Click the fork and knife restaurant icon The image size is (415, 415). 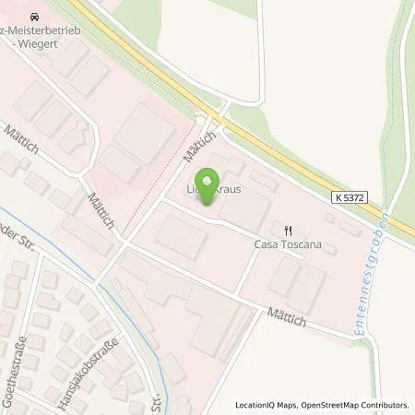pyautogui.click(x=288, y=231)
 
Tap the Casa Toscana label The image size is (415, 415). pyautogui.click(x=288, y=245)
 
